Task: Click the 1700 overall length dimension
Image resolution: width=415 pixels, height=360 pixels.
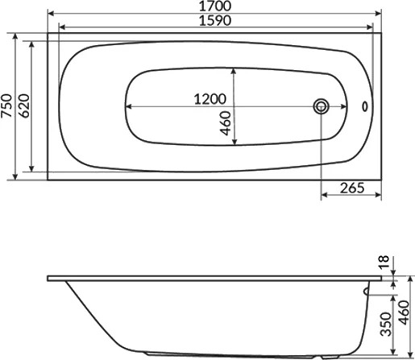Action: click(215, 6)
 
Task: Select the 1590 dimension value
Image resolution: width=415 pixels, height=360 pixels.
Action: click(215, 21)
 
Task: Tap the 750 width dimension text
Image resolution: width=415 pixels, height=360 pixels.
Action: click(6, 106)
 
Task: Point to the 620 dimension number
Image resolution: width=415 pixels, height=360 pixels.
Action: click(24, 106)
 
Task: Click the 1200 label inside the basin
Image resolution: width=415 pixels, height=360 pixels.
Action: click(210, 99)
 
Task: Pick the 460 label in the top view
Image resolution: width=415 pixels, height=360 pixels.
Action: click(226, 123)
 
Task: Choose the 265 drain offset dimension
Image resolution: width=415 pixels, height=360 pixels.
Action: click(352, 188)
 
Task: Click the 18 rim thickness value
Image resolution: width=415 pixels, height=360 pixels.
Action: click(384, 262)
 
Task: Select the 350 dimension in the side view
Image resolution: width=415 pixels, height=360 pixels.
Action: click(386, 324)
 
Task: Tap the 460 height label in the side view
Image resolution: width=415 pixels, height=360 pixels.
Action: click(405, 312)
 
